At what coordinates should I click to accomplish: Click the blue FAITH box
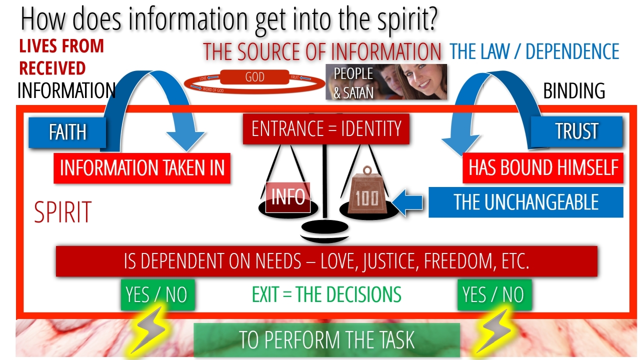pos(67,132)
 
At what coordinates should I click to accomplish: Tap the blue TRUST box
pos(576,131)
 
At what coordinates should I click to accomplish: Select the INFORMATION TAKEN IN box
pos(142,168)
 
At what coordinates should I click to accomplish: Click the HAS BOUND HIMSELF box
pos(543,167)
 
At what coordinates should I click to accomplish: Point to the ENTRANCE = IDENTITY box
pos(326,128)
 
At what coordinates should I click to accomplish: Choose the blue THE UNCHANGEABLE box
pos(525,202)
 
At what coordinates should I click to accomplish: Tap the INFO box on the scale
pos(288,197)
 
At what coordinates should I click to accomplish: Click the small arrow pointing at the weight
pos(408,202)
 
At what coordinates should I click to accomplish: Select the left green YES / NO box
pos(157,295)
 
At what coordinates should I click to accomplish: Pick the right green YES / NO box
pos(494,295)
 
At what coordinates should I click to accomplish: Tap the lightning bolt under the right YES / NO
pos(494,330)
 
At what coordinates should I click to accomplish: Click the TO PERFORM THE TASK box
pos(326,340)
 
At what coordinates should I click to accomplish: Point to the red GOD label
pos(254,78)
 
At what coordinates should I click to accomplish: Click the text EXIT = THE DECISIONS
pos(326,295)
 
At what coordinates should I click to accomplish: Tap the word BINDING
pos(574,91)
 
